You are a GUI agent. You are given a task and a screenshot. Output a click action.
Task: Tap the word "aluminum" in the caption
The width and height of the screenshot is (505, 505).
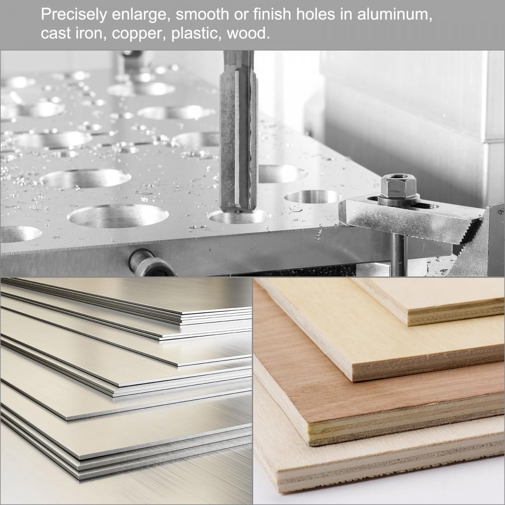[x=395, y=14]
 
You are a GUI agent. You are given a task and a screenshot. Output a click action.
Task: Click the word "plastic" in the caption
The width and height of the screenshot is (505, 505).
[x=195, y=34]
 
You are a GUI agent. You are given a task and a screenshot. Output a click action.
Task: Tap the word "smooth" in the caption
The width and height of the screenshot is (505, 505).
[x=202, y=14]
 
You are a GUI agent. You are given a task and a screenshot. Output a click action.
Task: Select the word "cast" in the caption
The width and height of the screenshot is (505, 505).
[x=56, y=33]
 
